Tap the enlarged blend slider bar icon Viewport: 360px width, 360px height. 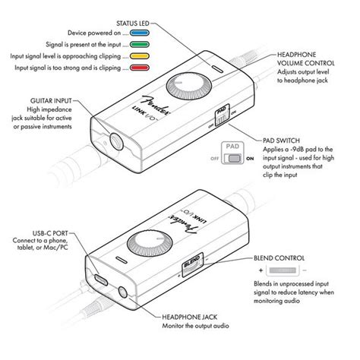tap(285, 271)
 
